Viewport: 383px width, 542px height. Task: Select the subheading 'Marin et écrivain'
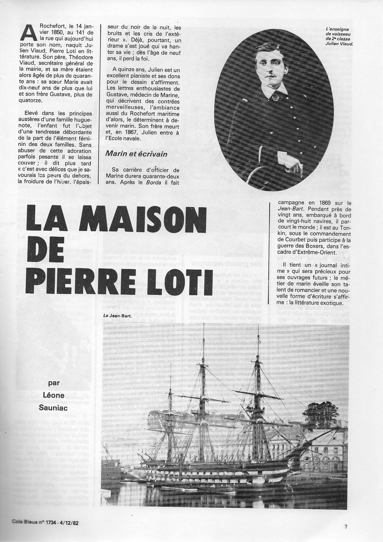[136, 154]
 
